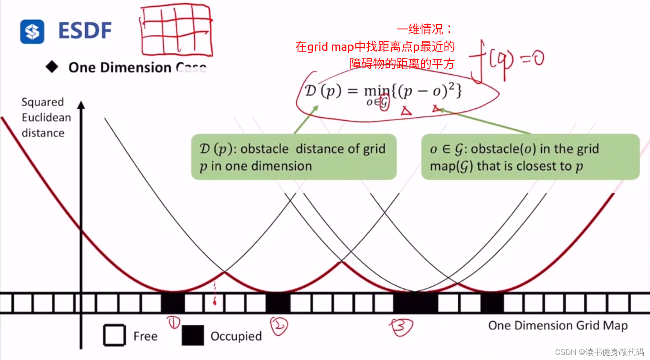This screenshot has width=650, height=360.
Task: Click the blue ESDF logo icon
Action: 32,32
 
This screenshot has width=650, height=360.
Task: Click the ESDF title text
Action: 85,31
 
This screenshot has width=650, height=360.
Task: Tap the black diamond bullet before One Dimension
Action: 52,67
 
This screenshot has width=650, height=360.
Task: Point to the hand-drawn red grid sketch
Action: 176,30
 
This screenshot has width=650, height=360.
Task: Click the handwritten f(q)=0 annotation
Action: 506,61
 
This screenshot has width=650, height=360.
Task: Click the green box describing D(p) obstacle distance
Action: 294,157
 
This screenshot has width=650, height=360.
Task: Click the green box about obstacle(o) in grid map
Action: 530,157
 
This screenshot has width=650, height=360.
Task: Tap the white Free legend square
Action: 114,335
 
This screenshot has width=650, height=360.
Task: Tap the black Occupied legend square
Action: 193,335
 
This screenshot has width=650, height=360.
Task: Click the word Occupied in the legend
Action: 236,336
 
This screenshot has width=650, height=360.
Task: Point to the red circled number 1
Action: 173,323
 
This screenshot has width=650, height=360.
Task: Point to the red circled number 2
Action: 279,326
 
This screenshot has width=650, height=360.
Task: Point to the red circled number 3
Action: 401,327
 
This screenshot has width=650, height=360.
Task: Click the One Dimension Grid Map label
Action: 558,326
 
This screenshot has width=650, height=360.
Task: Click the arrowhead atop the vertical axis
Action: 81,105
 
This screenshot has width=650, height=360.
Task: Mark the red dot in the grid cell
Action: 215,302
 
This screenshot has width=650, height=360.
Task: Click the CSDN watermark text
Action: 599,352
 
